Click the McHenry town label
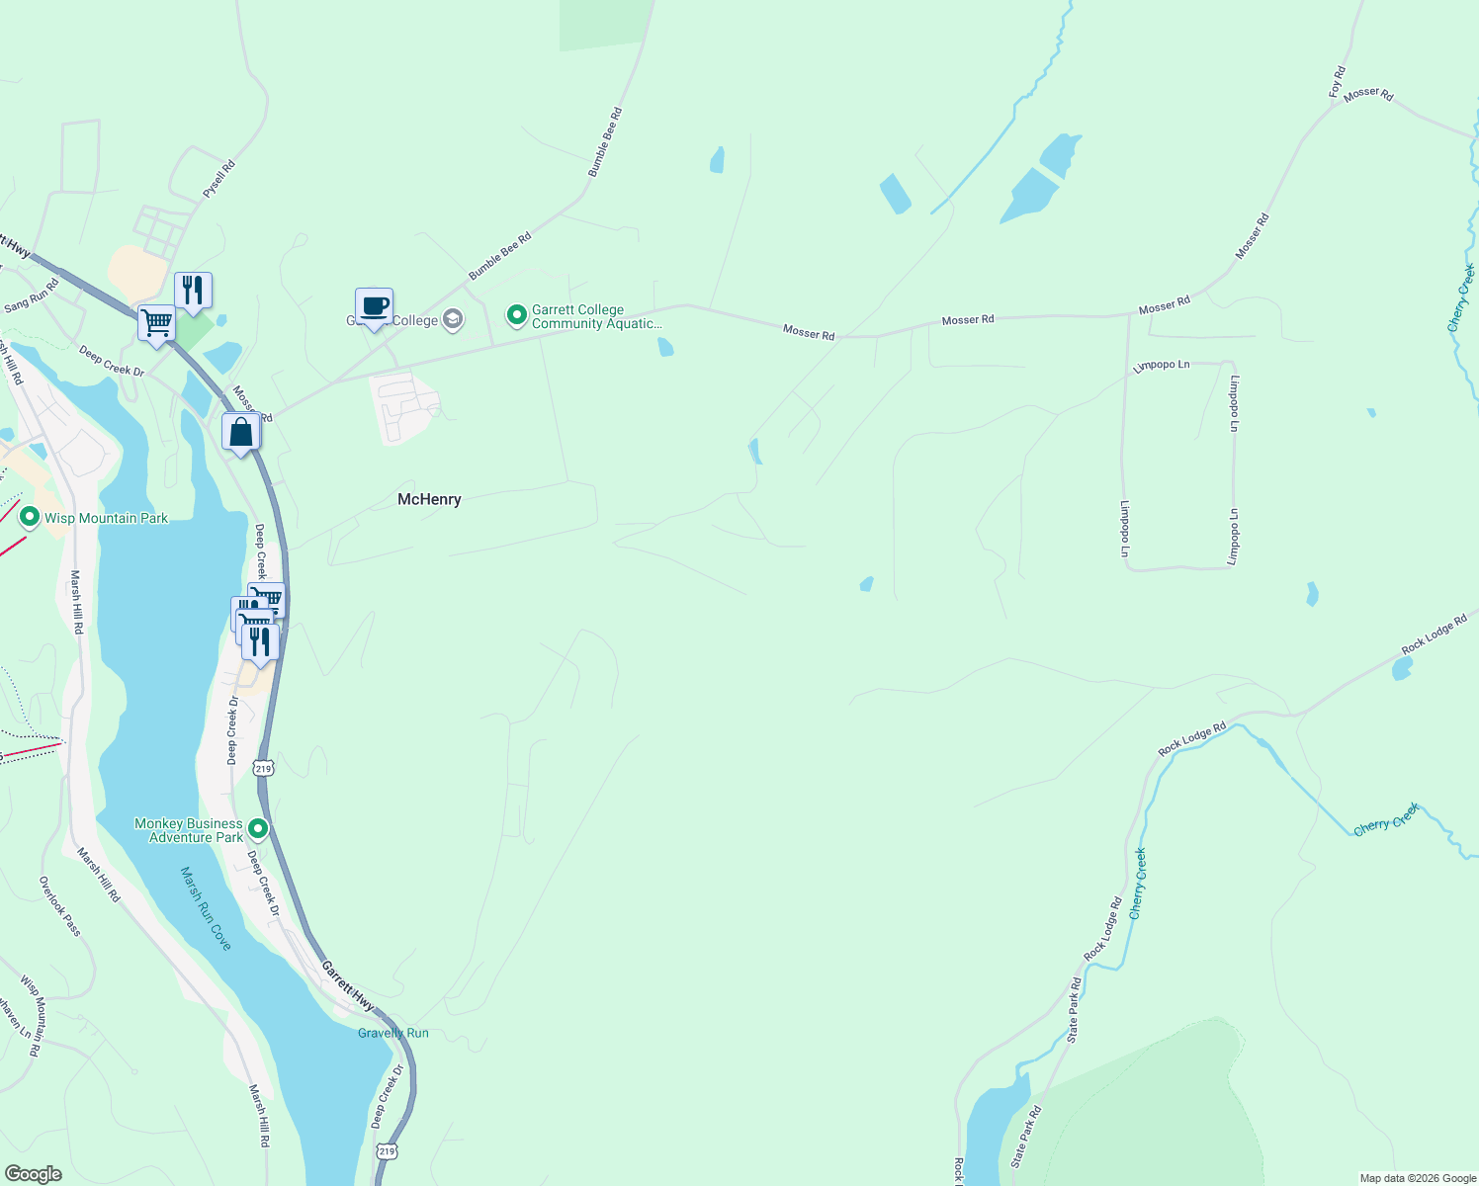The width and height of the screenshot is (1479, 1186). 429,499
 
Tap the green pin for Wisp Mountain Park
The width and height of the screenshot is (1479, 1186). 29,517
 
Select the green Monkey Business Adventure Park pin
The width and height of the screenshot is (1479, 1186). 258,828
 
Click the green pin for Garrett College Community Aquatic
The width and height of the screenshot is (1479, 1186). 516,315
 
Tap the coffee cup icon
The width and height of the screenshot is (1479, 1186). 374,306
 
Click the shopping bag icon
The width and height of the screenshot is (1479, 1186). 241,432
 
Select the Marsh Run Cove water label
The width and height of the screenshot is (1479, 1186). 207,908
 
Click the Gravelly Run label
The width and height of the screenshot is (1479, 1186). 393,1033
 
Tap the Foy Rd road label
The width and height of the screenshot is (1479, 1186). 1337,81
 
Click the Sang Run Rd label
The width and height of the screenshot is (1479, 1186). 31,295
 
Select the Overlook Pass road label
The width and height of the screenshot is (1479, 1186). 60,905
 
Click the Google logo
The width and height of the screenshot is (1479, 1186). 34,1173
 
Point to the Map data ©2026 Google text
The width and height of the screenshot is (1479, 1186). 1418,1178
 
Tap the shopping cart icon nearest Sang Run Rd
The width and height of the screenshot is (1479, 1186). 156,322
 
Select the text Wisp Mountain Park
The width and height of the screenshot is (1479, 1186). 106,518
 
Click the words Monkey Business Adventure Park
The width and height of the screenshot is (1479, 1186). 189,830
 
